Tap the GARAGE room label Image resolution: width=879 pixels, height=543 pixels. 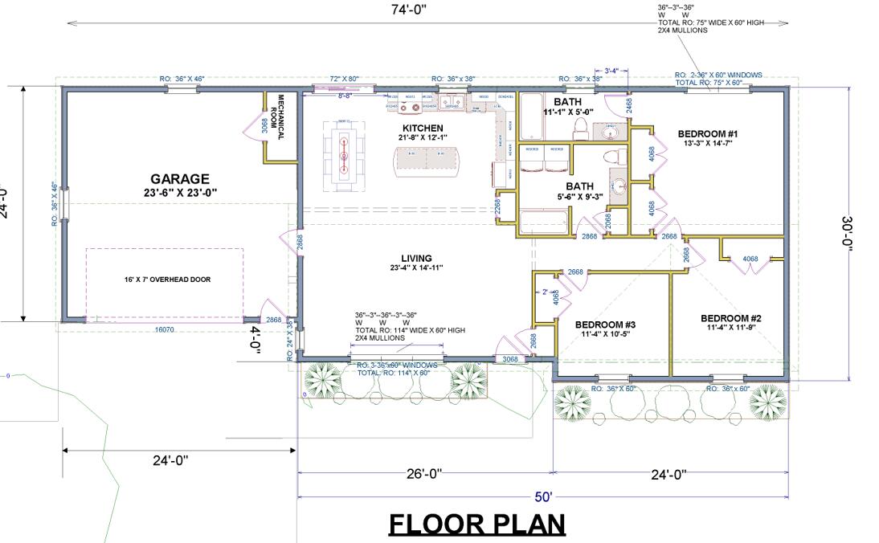point(179,179)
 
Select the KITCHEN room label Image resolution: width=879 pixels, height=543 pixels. point(422,129)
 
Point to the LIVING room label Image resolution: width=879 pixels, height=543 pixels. point(416,259)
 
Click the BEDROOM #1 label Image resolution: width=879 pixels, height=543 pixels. point(707,133)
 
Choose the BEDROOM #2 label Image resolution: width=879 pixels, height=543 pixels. point(730,318)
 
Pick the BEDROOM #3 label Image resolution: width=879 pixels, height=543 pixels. point(606,325)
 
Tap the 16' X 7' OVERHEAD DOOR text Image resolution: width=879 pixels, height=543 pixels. point(164,280)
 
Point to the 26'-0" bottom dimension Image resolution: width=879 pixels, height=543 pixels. point(425,474)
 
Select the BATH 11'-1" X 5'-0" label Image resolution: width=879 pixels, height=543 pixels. point(567,107)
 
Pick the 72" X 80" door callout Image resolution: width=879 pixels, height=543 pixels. point(345,80)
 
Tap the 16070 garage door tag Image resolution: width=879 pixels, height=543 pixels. point(163,330)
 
